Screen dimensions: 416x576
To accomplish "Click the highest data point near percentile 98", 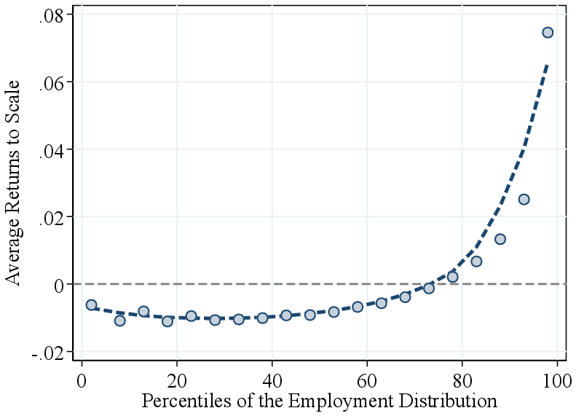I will pos(548,32).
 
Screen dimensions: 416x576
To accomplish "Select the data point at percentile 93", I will pos(524,199).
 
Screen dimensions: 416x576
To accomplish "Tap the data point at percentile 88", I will pos(500,239).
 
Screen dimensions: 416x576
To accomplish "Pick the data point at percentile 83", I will pos(476,261).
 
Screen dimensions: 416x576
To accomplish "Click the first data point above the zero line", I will pos(452,277).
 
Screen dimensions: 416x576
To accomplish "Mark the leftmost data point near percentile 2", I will pos(91,305).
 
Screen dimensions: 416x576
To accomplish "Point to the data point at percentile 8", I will pos(120,321).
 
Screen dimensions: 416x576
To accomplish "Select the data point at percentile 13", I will pos(143,311).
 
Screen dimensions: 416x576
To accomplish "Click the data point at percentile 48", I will pos(310,315).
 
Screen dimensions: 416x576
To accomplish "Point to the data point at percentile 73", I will pos(429,289).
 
